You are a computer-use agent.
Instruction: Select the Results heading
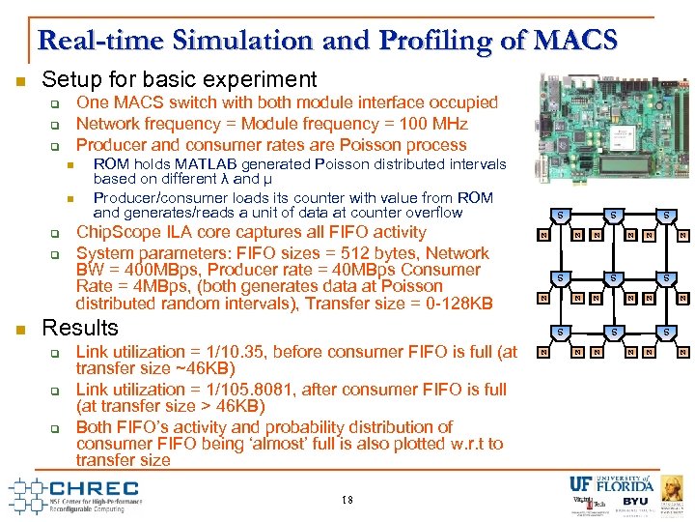coord(80,328)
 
